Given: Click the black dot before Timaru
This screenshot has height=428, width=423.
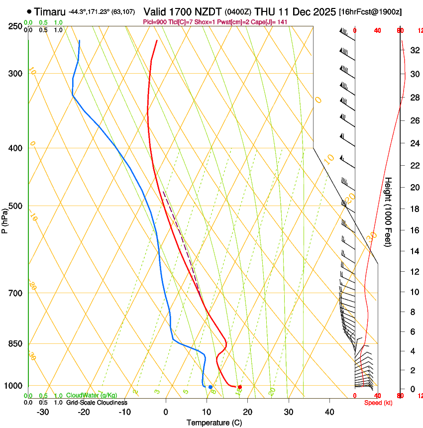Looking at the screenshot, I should (x=29, y=11).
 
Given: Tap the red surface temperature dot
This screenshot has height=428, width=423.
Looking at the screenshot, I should (x=240, y=387).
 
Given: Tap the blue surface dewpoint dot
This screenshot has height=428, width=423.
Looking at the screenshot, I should (x=211, y=387).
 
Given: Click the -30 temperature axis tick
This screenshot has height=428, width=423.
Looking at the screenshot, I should (x=43, y=412).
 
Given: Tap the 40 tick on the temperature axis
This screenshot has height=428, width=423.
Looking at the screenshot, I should (x=329, y=412).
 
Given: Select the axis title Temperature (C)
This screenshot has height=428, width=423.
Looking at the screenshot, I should (x=214, y=423).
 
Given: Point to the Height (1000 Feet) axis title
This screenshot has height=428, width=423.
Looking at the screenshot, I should (x=388, y=212).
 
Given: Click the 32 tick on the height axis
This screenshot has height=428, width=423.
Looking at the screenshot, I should (x=414, y=50).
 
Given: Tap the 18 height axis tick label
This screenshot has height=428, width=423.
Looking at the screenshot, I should (x=414, y=209).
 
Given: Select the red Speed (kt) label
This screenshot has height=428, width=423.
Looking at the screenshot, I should (x=378, y=403).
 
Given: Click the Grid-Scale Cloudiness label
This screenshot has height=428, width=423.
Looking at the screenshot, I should (x=96, y=402).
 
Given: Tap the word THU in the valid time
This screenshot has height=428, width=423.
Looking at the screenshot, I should (x=264, y=11).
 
